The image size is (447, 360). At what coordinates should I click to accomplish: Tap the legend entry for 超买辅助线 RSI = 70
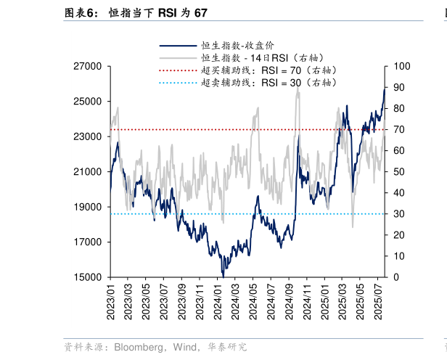click(268, 70)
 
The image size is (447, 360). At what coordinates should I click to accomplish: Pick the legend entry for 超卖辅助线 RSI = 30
click(268, 83)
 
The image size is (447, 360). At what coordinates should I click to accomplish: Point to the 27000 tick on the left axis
click(89, 66)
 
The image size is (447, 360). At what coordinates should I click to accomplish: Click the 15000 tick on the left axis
click(89, 277)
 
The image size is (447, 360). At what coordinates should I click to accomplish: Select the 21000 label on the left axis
click(89, 172)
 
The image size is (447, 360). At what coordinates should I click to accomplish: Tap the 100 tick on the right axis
click(401, 66)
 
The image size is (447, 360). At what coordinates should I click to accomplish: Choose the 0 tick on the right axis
click(395, 277)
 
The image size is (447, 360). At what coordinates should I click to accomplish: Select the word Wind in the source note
click(184, 348)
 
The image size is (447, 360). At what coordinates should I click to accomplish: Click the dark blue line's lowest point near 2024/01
click(223, 276)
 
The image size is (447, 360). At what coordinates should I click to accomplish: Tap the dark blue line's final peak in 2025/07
click(385, 89)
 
